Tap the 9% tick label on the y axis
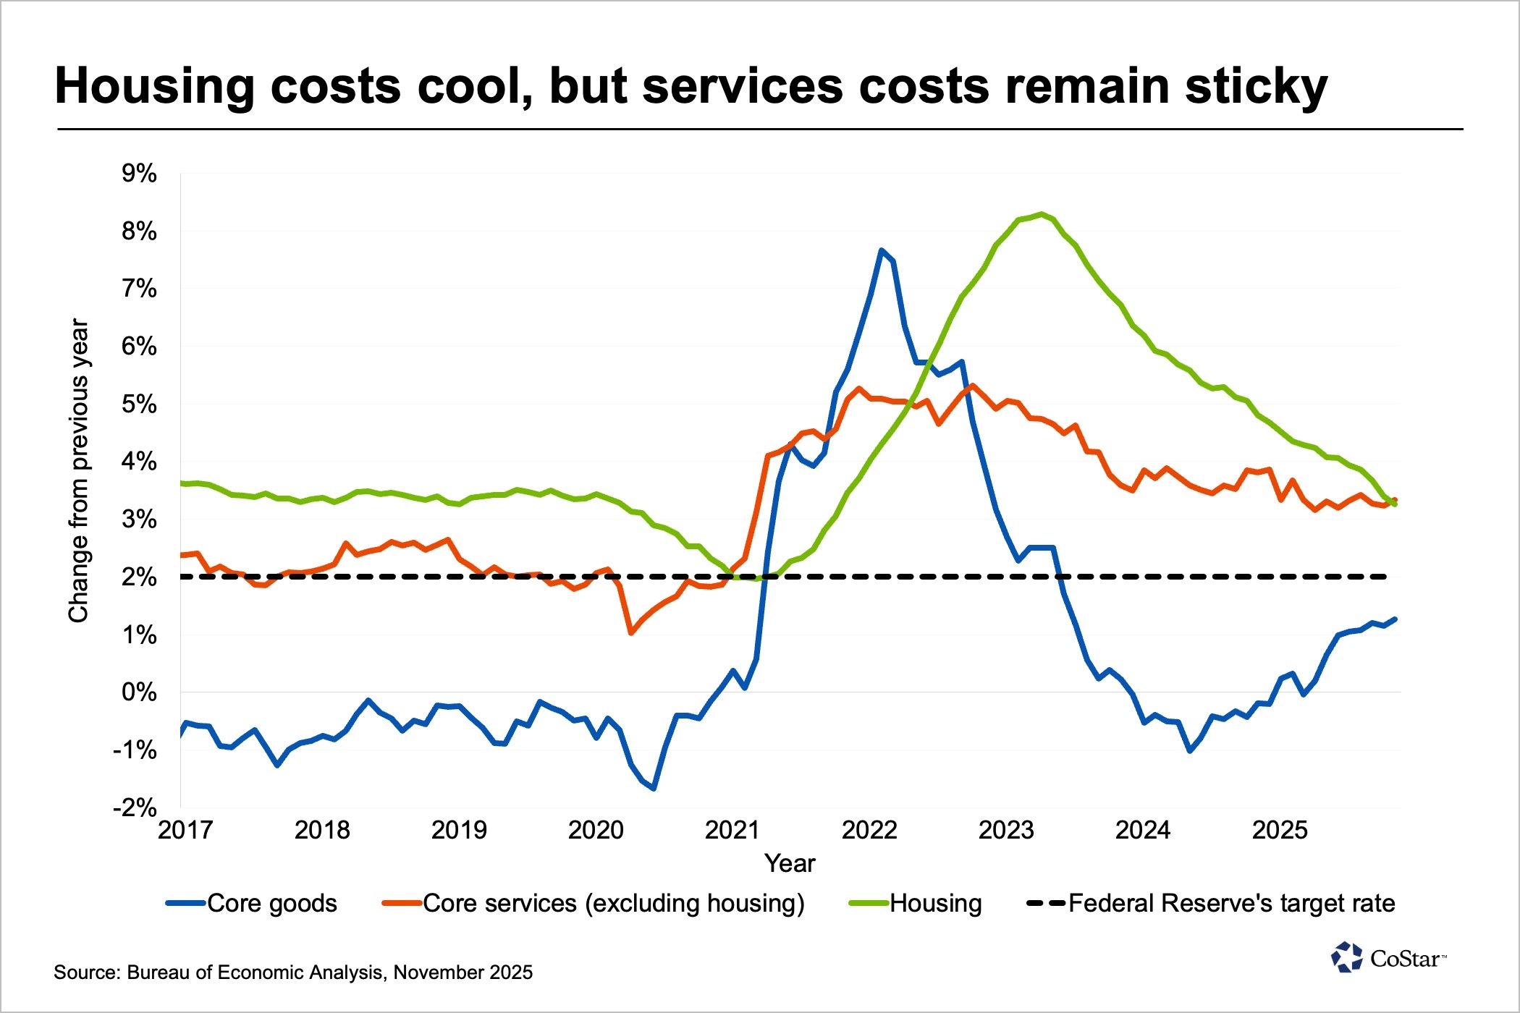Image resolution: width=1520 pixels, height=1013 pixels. point(139,174)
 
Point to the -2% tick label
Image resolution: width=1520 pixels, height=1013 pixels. point(135,808)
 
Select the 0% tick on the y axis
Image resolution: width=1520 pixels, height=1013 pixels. point(139,692)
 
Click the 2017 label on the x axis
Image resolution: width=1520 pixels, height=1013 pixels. point(185,830)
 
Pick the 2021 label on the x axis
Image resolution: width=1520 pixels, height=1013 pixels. point(732,830)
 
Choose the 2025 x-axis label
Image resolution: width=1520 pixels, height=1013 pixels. point(1280,830)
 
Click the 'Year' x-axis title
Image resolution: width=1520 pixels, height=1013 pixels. point(790,863)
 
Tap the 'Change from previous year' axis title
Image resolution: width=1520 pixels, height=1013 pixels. point(78,470)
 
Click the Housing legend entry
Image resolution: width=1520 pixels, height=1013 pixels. point(916,904)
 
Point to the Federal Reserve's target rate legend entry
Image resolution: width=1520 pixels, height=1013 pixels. point(1211,904)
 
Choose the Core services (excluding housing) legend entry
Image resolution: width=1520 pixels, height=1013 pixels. point(594,904)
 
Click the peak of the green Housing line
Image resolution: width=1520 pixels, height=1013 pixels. point(1041,213)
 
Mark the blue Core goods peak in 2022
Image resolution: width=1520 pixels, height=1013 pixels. point(881,250)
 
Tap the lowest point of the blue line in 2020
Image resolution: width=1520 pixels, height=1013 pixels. point(654,788)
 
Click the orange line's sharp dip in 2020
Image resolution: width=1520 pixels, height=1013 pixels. point(631,633)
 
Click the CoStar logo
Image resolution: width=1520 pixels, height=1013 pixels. point(1388,958)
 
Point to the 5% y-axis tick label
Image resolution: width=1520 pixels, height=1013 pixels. point(139,404)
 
